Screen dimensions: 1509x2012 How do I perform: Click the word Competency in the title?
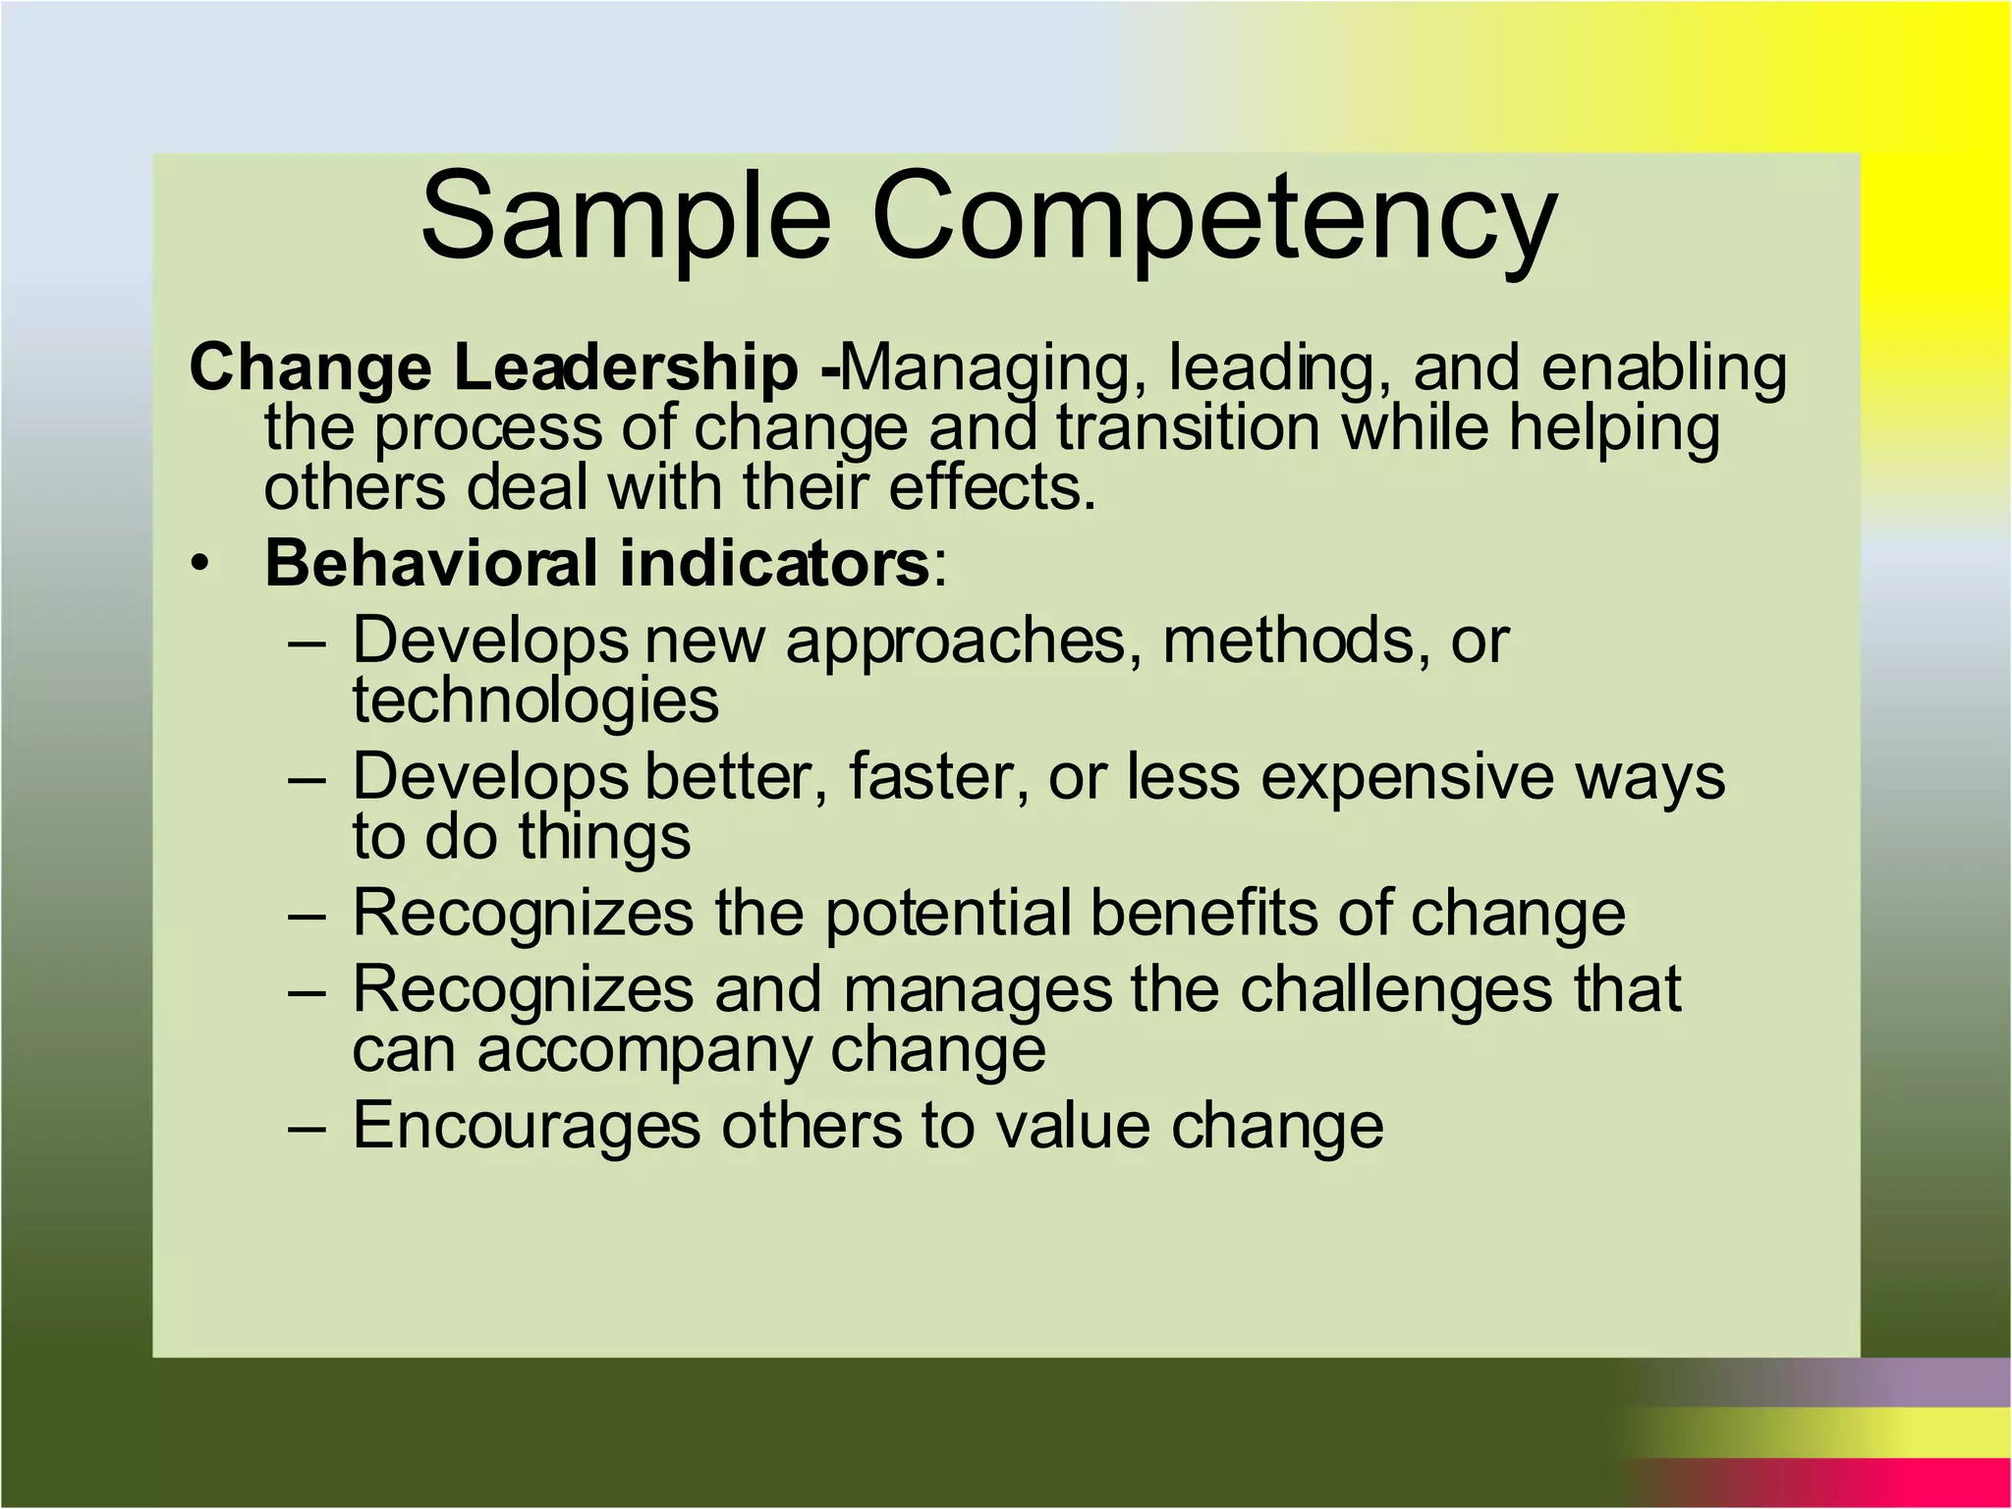1214,222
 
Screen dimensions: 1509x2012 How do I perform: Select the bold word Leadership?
626,369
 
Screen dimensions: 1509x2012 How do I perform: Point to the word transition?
1189,428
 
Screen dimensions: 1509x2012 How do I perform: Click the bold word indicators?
774,564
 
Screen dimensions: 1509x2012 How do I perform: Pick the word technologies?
535,700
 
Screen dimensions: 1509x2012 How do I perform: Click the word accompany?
643,1052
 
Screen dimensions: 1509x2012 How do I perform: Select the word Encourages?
527,1126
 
